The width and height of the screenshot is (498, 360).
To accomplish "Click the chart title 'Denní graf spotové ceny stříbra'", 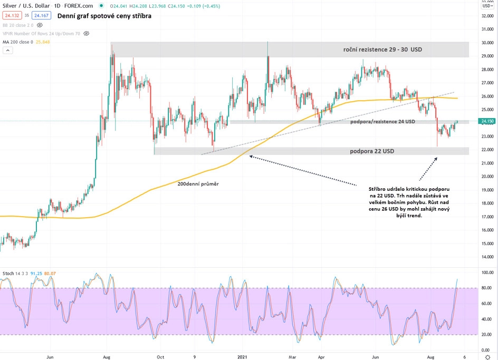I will click(104, 16).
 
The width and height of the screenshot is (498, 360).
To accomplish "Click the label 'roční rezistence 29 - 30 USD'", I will click(382, 50).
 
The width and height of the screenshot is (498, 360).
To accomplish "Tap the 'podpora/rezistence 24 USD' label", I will click(382, 122).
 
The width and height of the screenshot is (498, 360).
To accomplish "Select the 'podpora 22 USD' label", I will click(371, 151).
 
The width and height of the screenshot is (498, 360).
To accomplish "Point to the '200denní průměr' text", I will click(198, 184).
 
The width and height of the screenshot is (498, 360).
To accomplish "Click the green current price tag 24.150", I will click(486, 121).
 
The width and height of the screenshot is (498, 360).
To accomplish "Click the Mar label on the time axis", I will click(292, 356).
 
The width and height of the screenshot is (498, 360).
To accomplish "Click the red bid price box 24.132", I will click(11, 16).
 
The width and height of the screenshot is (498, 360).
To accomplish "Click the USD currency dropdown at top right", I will click(487, 6).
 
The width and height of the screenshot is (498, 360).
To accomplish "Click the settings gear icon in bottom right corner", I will click(487, 356).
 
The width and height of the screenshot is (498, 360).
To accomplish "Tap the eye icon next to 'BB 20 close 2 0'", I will click(40, 25).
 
